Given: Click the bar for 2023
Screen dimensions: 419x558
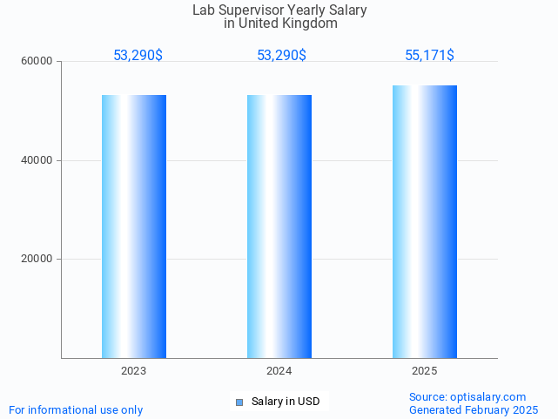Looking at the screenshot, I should [x=134, y=226].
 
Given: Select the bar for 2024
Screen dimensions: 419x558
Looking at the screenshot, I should [x=279, y=226].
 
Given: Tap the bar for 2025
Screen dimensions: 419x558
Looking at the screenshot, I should [x=425, y=221].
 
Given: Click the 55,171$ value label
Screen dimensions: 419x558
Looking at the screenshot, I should [x=429, y=56].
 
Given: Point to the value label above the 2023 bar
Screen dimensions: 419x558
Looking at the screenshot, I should [x=138, y=56].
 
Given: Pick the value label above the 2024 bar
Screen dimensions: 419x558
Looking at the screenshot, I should [x=281, y=56].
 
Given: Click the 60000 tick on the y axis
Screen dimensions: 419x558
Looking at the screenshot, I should [x=37, y=62].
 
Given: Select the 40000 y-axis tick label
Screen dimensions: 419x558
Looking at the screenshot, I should [x=37, y=160].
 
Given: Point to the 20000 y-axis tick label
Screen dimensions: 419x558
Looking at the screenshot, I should [x=37, y=260].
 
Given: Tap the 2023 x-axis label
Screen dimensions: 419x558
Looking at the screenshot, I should [x=134, y=371].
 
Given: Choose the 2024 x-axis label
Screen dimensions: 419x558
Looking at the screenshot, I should [x=279, y=371].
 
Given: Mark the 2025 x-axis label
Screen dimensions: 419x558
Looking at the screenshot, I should [x=425, y=371].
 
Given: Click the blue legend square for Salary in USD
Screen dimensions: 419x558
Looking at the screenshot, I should [x=239, y=402].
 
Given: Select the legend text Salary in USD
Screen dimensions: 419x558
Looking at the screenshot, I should [x=286, y=402].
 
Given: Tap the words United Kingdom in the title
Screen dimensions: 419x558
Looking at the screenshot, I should [x=292, y=24].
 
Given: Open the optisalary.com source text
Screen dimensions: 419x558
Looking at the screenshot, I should [x=467, y=396].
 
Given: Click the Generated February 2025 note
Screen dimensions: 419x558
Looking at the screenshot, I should [x=474, y=409].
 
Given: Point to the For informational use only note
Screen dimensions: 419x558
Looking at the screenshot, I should [x=76, y=409].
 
